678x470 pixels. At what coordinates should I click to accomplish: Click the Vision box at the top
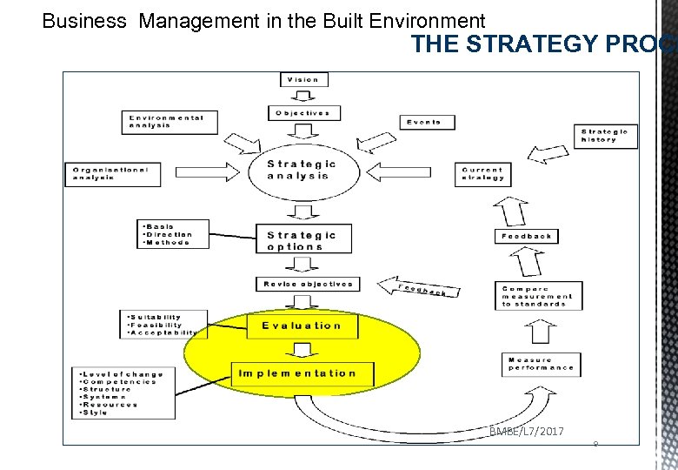303,79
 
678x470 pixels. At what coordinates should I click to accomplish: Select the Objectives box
303,113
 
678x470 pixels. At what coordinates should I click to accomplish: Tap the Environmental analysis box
169,121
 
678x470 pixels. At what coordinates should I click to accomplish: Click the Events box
426,122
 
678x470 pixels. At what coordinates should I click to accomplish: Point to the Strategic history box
605,135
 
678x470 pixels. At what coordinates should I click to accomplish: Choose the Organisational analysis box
113,173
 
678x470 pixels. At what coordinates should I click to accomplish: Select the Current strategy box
482,174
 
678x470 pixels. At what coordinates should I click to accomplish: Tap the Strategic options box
296,240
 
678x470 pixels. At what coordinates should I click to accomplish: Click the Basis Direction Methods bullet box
175,233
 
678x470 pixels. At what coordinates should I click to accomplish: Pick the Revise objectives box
306,284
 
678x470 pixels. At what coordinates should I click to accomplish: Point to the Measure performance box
542,364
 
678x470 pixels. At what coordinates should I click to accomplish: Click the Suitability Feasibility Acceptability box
163,325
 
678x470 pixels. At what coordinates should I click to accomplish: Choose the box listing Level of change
123,393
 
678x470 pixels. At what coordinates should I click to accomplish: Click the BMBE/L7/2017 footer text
526,431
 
